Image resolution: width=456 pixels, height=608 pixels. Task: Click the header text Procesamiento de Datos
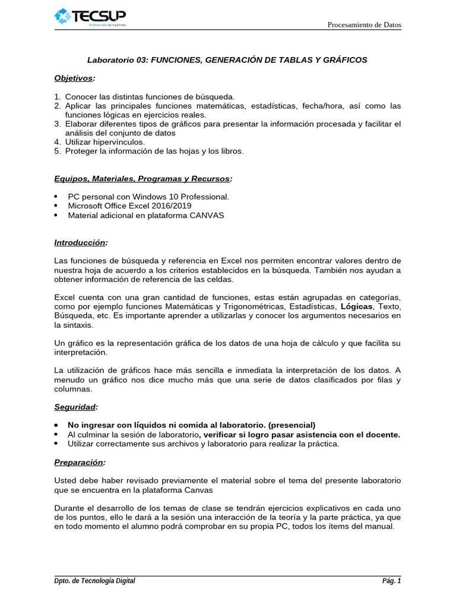pos(365,25)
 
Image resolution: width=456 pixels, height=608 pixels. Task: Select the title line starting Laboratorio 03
pos(227,60)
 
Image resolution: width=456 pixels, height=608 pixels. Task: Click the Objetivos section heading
pos(74,78)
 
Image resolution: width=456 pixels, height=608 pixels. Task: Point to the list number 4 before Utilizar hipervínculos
pos(57,142)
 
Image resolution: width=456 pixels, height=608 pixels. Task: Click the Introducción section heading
pos(81,243)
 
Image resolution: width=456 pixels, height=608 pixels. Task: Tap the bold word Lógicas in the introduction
pos(356,306)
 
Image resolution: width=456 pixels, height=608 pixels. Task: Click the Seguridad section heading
pos(75,407)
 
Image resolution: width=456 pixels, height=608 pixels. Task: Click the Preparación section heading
pos(80,462)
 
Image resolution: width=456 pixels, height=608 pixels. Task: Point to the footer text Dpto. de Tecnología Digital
pos(94,581)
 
